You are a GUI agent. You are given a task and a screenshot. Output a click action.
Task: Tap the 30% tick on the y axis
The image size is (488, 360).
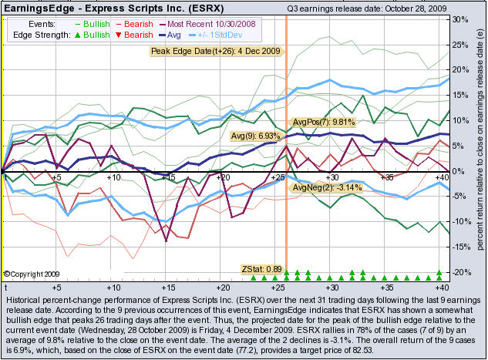[459, 19]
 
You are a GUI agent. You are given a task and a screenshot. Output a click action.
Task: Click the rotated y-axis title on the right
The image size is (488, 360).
[480, 145]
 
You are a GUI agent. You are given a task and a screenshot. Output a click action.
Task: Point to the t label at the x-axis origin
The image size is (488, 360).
[5, 285]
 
